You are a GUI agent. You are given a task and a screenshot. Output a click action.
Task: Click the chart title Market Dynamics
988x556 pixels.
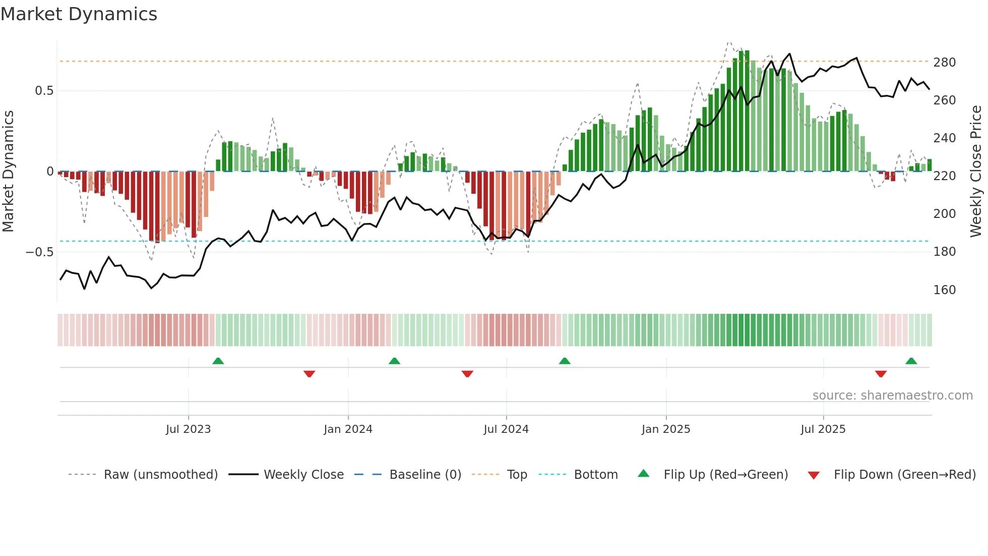point(79,14)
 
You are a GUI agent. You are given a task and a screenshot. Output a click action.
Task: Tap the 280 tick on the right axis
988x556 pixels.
point(944,63)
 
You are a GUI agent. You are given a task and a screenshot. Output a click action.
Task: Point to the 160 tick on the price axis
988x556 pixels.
point(944,290)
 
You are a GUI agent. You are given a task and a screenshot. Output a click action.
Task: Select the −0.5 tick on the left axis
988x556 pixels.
point(40,252)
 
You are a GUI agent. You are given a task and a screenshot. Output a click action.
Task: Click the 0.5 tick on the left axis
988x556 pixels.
point(44,91)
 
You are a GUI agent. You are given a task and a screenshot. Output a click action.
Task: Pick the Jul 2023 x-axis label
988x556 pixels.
point(188,429)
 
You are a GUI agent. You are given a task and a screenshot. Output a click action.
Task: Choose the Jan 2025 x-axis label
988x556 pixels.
point(665,429)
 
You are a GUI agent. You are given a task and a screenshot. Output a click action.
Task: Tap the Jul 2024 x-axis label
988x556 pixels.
point(506,429)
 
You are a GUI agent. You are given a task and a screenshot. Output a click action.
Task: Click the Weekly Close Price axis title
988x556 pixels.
point(976,172)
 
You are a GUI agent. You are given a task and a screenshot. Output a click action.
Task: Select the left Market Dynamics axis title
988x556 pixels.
point(8,172)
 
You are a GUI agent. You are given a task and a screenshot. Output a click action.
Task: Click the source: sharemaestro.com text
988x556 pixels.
point(892,396)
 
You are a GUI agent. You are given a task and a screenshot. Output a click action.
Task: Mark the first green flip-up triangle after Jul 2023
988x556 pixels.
point(218,361)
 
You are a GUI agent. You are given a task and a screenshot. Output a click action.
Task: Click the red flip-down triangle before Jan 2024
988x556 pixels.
point(309,373)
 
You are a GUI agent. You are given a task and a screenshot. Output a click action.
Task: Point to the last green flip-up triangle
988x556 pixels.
point(911,361)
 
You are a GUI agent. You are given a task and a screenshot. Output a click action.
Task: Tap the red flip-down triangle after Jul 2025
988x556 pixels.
point(881,373)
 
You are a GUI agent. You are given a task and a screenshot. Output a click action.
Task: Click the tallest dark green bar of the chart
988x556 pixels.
point(747,111)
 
